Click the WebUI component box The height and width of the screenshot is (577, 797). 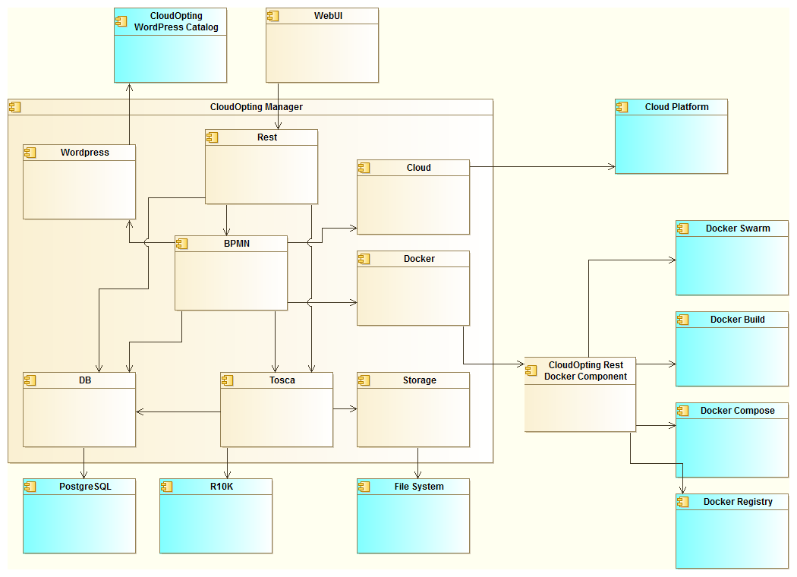[x=322, y=46]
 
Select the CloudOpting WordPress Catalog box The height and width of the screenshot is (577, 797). [x=170, y=46]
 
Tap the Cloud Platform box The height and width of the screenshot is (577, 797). [x=671, y=137]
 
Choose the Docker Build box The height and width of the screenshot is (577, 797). [x=732, y=349]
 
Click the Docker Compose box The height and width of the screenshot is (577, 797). [x=732, y=440]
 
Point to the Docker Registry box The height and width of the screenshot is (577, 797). [x=732, y=531]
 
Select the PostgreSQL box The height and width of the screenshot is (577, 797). [x=79, y=516]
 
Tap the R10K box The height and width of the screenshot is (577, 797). [x=216, y=516]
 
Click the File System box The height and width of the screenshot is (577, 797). [x=413, y=516]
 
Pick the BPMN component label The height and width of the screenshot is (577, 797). [x=237, y=244]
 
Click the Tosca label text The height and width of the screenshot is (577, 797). [x=282, y=380]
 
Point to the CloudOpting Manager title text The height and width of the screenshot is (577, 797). [x=256, y=107]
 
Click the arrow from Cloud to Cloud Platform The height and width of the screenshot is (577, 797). [x=542, y=166]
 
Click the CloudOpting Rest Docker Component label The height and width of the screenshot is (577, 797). [x=585, y=370]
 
